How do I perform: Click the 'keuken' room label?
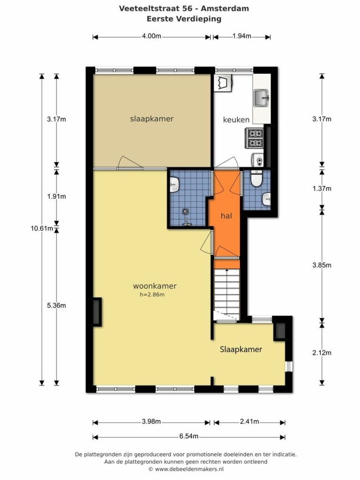pyautogui.click(x=236, y=120)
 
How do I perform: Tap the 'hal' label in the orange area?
pyautogui.click(x=226, y=216)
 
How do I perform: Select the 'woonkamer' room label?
pyautogui.click(x=155, y=286)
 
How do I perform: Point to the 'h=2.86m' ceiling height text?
pyautogui.click(x=152, y=295)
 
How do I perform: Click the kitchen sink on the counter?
pyautogui.click(x=261, y=98)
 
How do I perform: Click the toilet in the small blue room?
pyautogui.click(x=256, y=179)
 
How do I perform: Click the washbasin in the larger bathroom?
pyautogui.click(x=174, y=185)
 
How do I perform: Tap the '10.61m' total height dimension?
pyautogui.click(x=42, y=228)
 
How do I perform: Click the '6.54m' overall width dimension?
pyautogui.click(x=189, y=436)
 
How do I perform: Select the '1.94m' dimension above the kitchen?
pyautogui.click(x=242, y=36)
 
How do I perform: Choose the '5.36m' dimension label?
pyautogui.click(x=56, y=306)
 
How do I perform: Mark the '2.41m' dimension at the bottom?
pyautogui.click(x=249, y=422)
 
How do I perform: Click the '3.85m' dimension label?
pyautogui.click(x=322, y=265)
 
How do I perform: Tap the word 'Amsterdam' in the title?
pyautogui.click(x=225, y=8)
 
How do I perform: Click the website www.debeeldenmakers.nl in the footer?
pyautogui.click(x=189, y=469)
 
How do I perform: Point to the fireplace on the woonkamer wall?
pyautogui.click(x=97, y=312)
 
